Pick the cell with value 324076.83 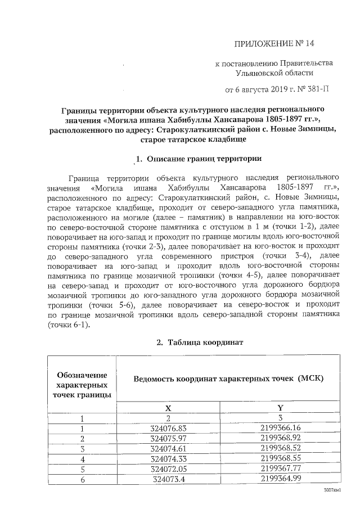tap(168, 428)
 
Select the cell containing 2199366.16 tap(280, 428)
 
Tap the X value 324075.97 tap(168, 438)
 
